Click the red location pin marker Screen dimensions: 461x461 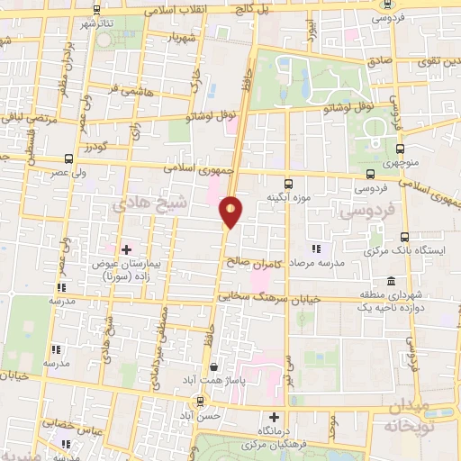click(x=231, y=212)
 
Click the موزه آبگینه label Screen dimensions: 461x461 click(x=287, y=195)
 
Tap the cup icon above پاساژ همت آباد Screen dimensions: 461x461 click(x=213, y=367)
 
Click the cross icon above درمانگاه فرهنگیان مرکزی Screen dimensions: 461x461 click(x=275, y=417)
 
